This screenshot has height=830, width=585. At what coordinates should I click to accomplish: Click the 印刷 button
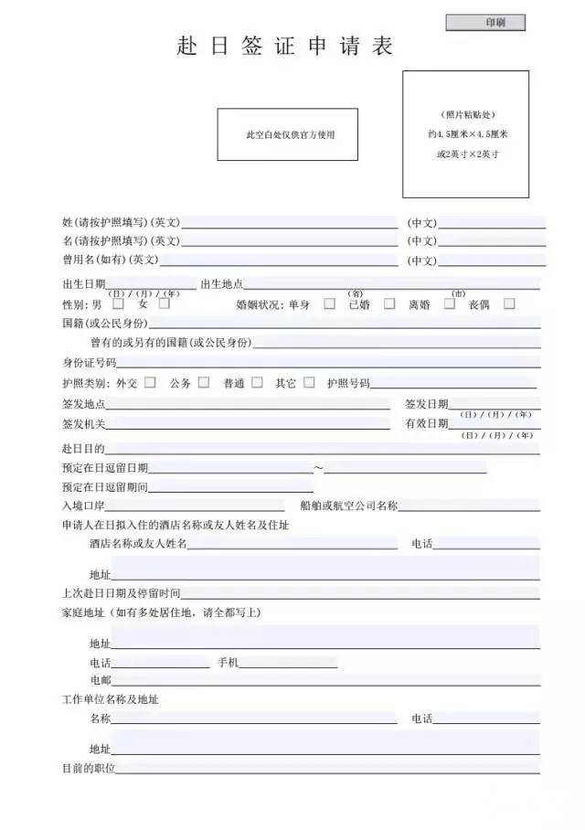tap(485, 23)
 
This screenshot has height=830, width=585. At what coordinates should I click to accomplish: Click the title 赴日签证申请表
tap(285, 47)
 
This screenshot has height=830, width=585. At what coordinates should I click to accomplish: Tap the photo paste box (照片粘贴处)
tap(465, 133)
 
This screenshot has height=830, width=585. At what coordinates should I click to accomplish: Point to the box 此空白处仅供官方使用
tap(287, 134)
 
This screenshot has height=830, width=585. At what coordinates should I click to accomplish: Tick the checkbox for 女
tap(165, 303)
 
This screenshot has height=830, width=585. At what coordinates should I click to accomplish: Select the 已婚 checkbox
tap(389, 303)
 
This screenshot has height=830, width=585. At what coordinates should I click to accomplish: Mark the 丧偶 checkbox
tap(509, 303)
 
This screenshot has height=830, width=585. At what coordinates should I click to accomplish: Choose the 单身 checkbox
tap(329, 303)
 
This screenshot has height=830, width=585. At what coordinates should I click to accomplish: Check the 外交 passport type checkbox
tap(150, 382)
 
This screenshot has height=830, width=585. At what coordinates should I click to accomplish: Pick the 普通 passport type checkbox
tap(257, 382)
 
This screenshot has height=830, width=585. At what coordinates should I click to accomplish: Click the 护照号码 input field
tap(454, 383)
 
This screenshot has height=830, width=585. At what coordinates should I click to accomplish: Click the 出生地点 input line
tap(391, 283)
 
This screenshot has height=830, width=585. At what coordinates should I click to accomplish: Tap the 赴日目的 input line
tap(322, 448)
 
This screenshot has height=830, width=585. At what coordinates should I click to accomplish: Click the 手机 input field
tap(288, 662)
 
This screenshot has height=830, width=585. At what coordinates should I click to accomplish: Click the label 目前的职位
tap(89, 769)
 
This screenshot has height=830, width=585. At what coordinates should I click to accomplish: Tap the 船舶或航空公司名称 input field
tap(469, 505)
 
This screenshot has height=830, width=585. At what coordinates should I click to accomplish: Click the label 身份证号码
tap(89, 363)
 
